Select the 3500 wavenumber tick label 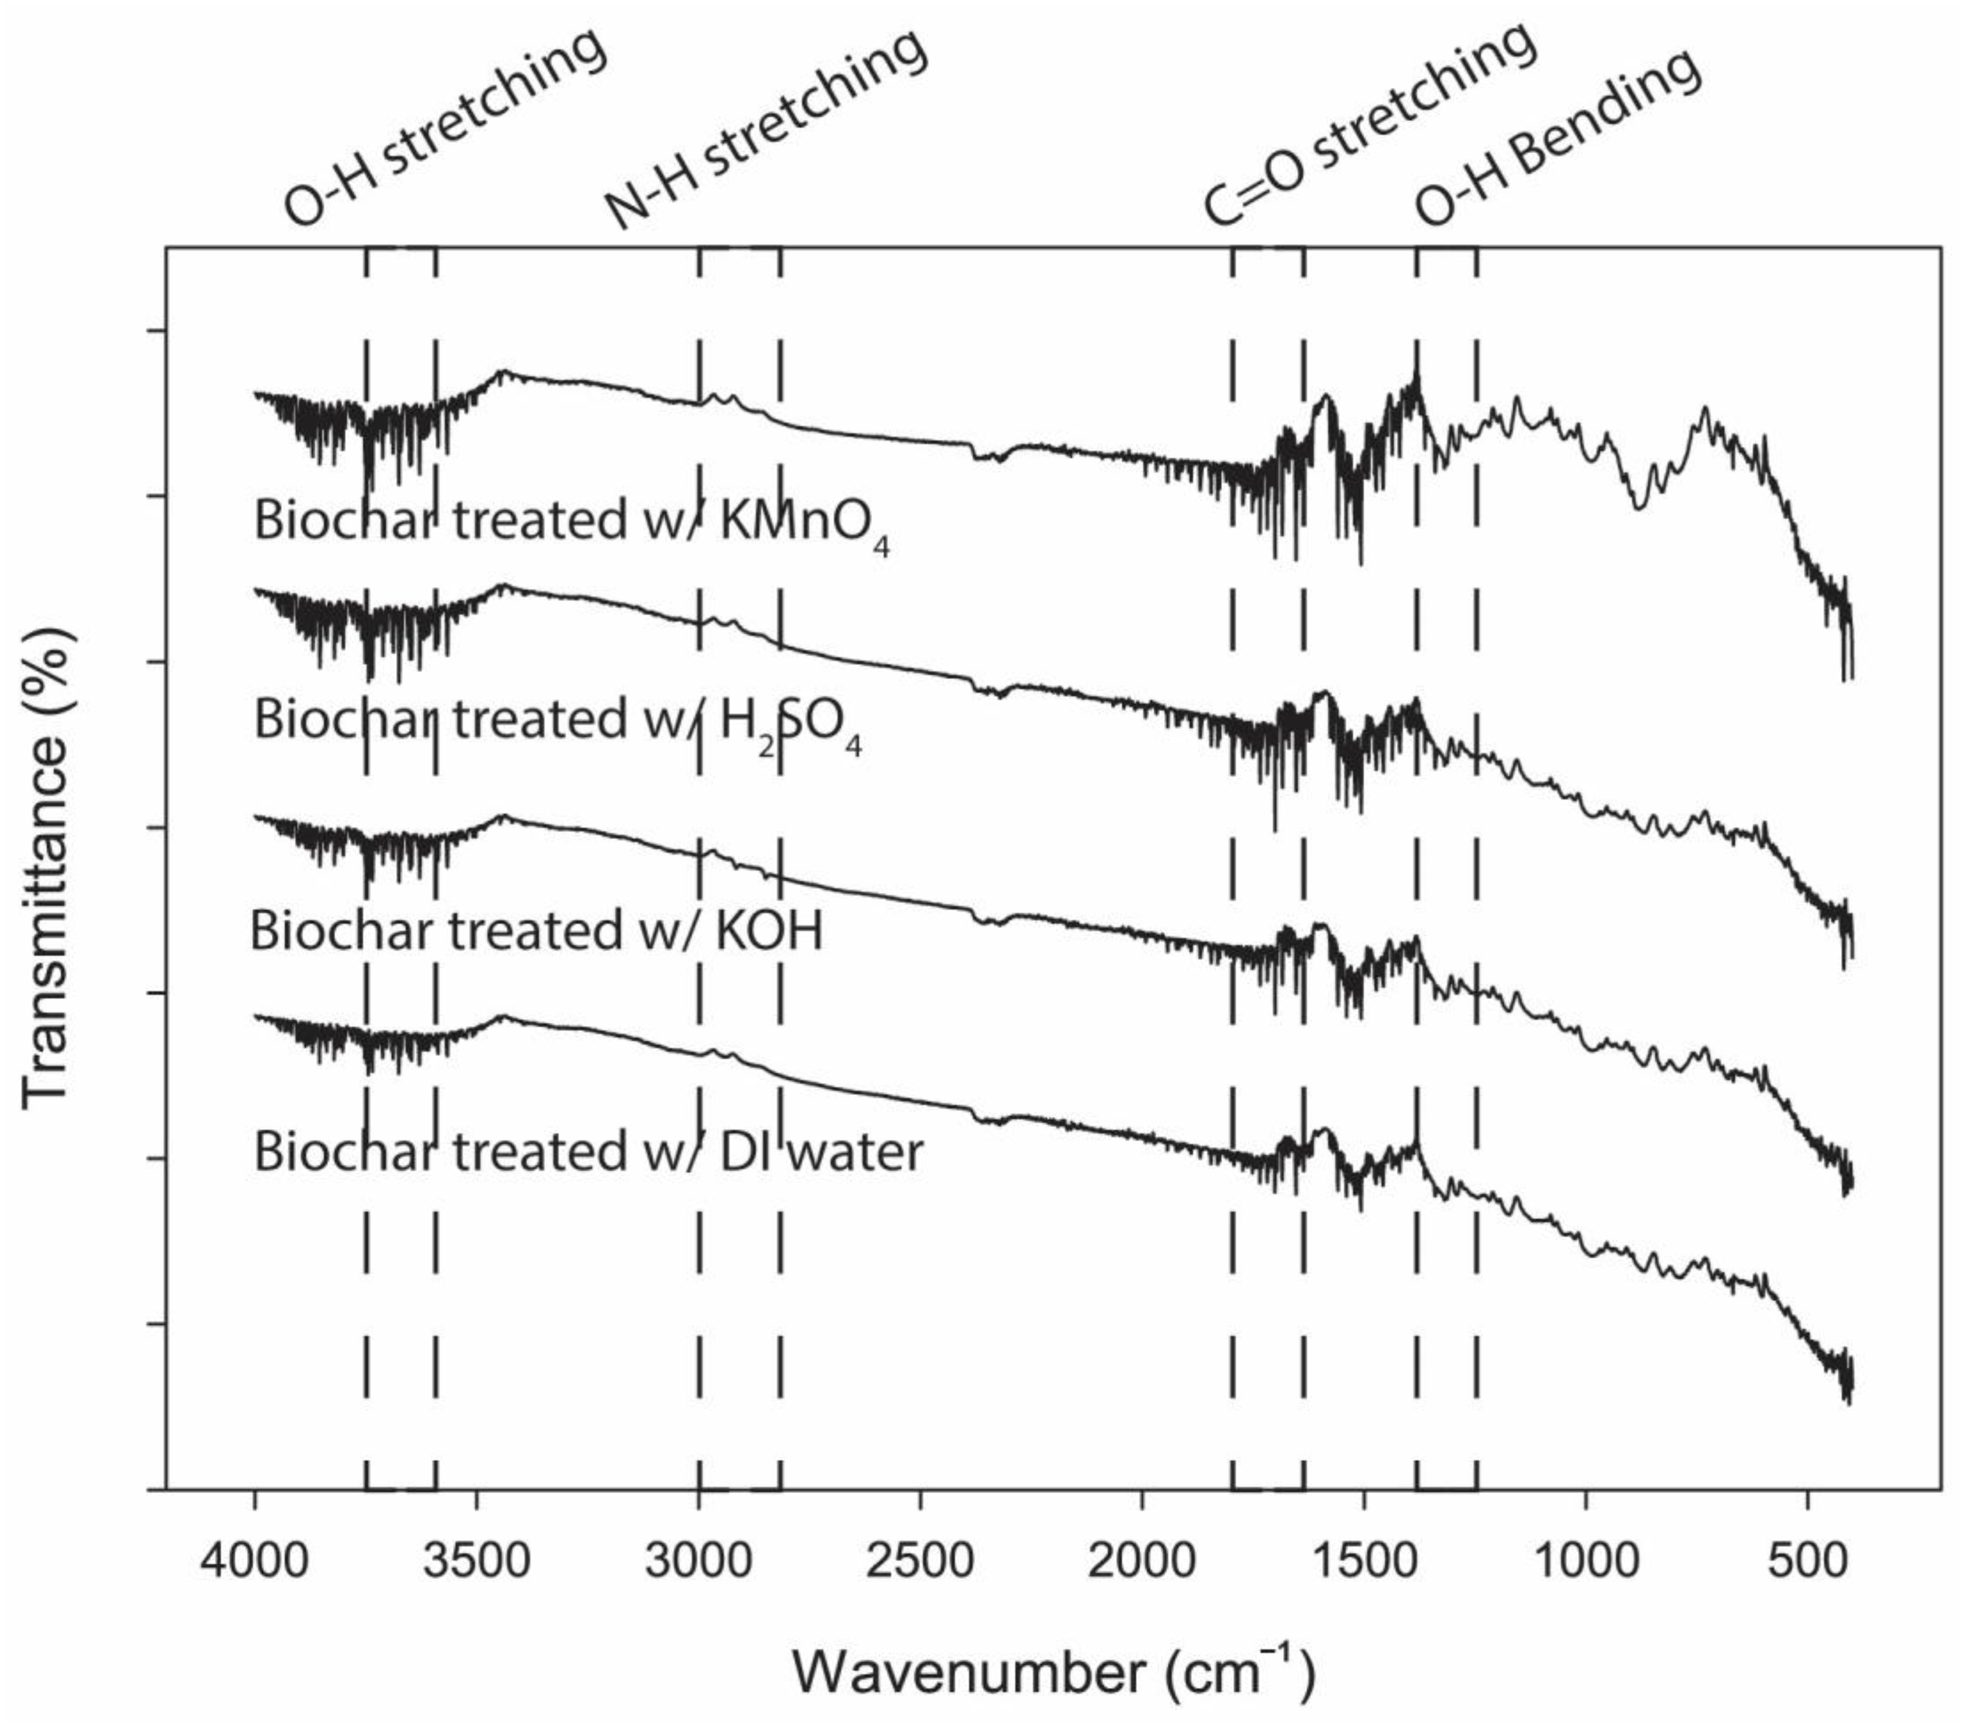click(477, 1561)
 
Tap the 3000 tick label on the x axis click(699, 1561)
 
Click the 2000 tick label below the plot click(1142, 1561)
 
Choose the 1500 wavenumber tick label click(1364, 1561)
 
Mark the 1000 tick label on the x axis click(1585, 1561)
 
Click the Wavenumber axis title click(1053, 1671)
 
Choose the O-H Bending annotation click(1559, 137)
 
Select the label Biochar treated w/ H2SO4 click(557, 721)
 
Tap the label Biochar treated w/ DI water click(588, 1151)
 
